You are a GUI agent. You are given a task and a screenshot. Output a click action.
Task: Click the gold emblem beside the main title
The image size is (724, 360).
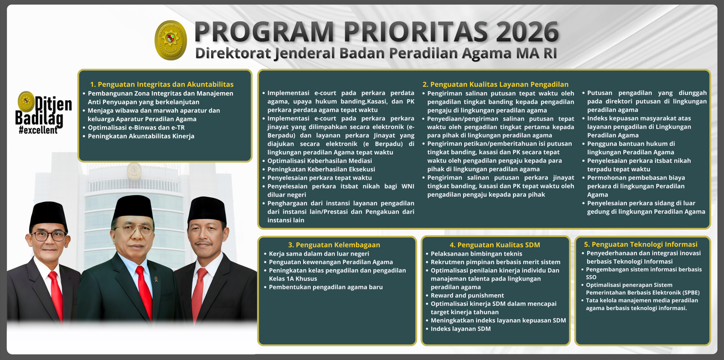170,40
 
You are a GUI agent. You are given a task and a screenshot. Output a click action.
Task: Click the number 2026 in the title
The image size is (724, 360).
527,32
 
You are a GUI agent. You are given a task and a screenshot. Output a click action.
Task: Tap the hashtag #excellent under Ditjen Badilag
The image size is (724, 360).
38,130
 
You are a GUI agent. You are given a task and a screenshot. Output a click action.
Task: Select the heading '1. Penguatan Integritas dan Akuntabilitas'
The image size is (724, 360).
162,84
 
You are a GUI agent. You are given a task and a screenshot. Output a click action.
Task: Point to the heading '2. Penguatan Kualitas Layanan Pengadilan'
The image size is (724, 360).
495,84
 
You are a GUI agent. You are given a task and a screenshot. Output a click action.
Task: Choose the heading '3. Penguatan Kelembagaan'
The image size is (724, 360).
334,245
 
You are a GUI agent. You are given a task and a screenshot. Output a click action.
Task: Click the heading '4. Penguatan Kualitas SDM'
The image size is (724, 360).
495,245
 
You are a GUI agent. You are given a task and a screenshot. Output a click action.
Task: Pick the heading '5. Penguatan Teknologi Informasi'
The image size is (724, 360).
641,244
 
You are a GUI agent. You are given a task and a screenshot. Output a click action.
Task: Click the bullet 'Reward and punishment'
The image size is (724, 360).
467,295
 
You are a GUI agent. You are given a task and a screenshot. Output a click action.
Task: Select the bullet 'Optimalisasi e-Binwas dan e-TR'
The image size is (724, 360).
136,128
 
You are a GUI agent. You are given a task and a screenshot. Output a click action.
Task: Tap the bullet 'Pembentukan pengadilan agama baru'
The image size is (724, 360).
326,287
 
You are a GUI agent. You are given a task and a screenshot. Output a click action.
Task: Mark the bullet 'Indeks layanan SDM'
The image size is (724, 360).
460,329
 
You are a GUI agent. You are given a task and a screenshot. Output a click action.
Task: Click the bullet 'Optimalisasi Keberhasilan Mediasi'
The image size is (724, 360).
319,161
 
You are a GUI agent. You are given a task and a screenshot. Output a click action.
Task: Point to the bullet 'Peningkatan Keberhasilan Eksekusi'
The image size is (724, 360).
321,169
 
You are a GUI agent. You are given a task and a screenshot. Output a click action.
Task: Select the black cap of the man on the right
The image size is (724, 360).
207,209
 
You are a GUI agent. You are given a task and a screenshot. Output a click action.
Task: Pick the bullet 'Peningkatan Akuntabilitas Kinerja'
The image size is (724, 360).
141,136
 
